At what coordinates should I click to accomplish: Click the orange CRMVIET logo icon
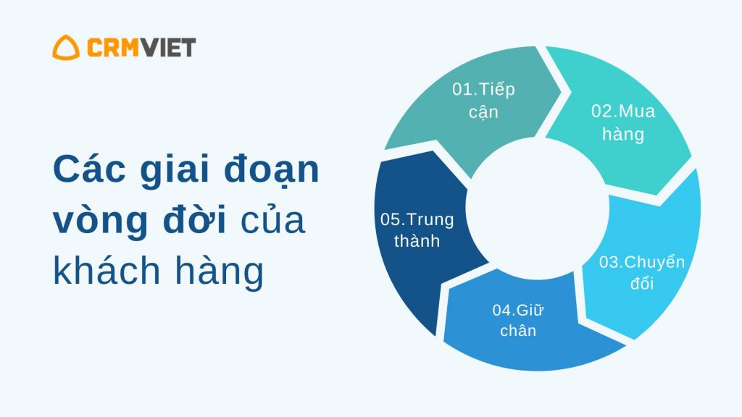[66, 47]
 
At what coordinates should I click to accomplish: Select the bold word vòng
[100, 222]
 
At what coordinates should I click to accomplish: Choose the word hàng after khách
[219, 272]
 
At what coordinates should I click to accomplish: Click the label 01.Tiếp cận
[483, 101]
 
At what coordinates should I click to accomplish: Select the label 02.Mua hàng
[623, 122]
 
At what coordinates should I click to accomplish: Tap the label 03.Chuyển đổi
[642, 272]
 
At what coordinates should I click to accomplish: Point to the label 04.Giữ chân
[517, 320]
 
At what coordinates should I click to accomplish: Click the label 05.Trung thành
[417, 230]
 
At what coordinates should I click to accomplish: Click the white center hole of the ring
[538, 208]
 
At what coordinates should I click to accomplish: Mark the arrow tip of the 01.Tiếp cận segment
[561, 92]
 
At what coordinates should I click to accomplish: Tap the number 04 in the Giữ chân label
[501, 310]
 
